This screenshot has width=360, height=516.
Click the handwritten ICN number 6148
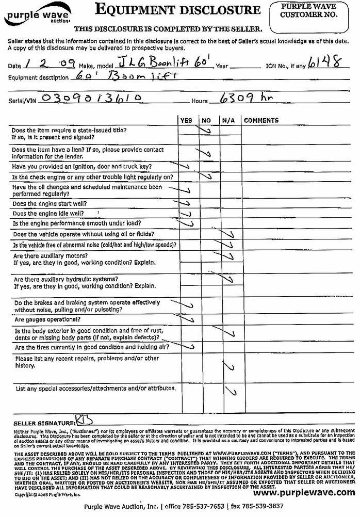[x=322, y=63]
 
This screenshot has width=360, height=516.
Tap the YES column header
[x=186, y=120]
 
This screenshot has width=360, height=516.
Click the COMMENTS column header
[x=261, y=120]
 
